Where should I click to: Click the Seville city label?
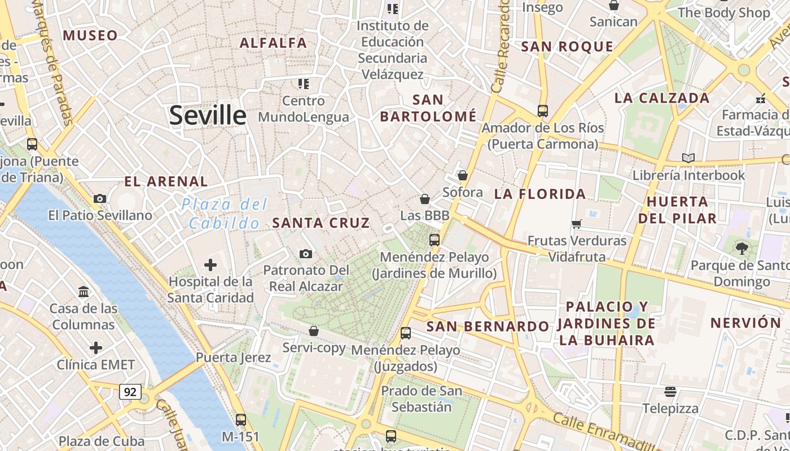coord(208,116)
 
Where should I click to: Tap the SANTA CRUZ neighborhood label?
coord(321,223)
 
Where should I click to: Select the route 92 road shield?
coord(130,392)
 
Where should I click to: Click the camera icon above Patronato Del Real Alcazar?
coord(306,254)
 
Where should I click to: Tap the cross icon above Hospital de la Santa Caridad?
coord(210,264)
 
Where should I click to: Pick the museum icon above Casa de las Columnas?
coord(84,291)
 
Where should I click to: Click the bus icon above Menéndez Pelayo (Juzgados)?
coord(406,333)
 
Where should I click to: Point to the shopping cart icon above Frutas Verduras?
coord(577,224)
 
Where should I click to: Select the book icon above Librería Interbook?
coord(688,158)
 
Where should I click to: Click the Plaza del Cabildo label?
coord(225,214)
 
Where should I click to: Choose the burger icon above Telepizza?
coord(670,391)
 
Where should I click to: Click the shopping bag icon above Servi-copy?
coord(314,331)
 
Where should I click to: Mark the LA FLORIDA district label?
coord(540,194)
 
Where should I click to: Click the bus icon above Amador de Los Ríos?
coord(542,110)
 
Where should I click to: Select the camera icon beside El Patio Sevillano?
coord(100,198)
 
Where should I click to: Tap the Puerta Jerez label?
coord(233,357)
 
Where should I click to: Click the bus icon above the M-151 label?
coord(241,419)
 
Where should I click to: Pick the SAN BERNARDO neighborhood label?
coord(488,326)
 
